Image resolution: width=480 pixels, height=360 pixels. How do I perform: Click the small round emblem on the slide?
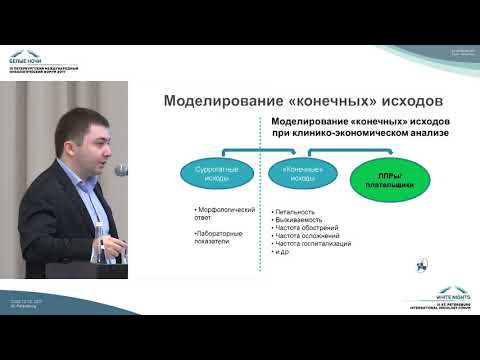(420, 264)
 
